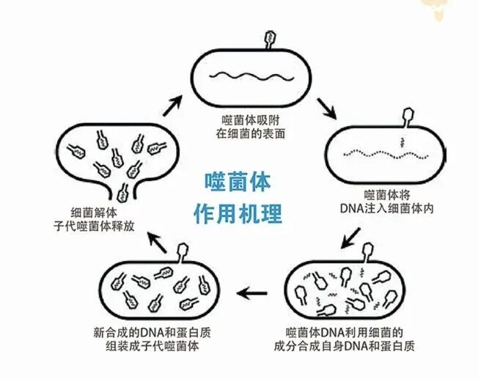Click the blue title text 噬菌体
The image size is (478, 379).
point(238,182)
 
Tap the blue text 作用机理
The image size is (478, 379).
point(238,213)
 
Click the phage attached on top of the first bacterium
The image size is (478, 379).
point(270,40)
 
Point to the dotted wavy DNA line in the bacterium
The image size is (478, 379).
point(386,154)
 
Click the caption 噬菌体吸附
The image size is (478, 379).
point(251,120)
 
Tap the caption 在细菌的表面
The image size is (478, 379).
point(251,133)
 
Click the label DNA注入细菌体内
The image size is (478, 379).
point(386,208)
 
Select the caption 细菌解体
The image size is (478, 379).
point(94,213)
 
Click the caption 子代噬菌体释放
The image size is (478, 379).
point(94,227)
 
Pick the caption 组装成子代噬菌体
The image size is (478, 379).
point(152,346)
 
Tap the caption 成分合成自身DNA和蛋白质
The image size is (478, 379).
point(344,346)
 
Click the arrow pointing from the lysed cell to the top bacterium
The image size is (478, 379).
point(173,106)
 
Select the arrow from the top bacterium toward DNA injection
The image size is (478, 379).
point(327,108)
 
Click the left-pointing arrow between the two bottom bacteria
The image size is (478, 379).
point(251,293)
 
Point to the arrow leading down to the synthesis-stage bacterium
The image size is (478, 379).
point(350,238)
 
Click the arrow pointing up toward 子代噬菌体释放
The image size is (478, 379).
point(157,242)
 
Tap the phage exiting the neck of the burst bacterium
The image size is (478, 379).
point(123,193)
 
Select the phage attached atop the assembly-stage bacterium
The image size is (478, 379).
point(183,252)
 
